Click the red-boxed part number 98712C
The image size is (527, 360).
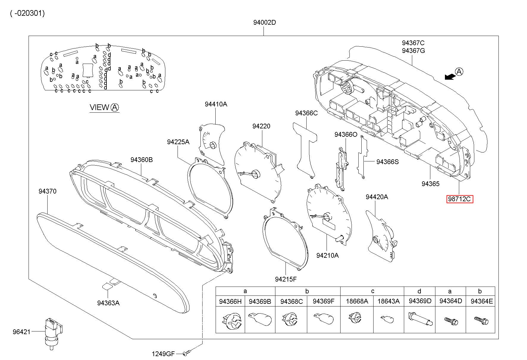(459, 199)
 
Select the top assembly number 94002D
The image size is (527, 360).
(265, 22)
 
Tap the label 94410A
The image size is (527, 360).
(216, 104)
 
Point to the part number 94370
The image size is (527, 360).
(47, 191)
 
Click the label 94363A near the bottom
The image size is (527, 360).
(108, 303)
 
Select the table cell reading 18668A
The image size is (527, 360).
(357, 301)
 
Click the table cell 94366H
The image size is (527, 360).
(230, 301)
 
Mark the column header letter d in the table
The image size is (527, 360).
(419, 291)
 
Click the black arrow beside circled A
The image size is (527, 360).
(450, 77)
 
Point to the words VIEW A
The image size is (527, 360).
(104, 107)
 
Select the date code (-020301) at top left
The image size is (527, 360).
(27, 13)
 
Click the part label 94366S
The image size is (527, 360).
(388, 162)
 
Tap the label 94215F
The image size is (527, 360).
(286, 279)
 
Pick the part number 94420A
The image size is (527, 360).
(377, 197)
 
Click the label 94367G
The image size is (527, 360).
(413, 51)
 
